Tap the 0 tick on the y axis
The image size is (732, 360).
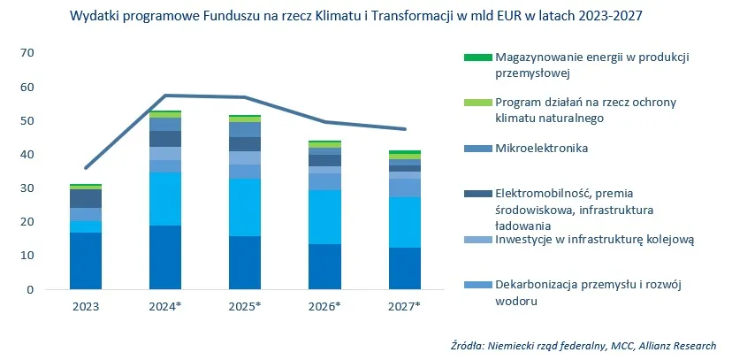[29, 289]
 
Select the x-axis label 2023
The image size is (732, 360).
[86, 306]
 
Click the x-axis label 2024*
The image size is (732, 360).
[165, 306]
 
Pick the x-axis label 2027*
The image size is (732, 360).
[405, 306]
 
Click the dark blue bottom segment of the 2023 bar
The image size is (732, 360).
[86, 261]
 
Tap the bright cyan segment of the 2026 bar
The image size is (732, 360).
[325, 217]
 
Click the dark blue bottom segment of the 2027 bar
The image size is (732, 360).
[405, 268]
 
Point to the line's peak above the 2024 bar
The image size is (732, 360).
[165, 96]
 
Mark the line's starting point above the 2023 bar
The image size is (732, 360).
[86, 167]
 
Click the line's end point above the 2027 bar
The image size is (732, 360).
[405, 129]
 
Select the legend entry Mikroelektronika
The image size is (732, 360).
[541, 148]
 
